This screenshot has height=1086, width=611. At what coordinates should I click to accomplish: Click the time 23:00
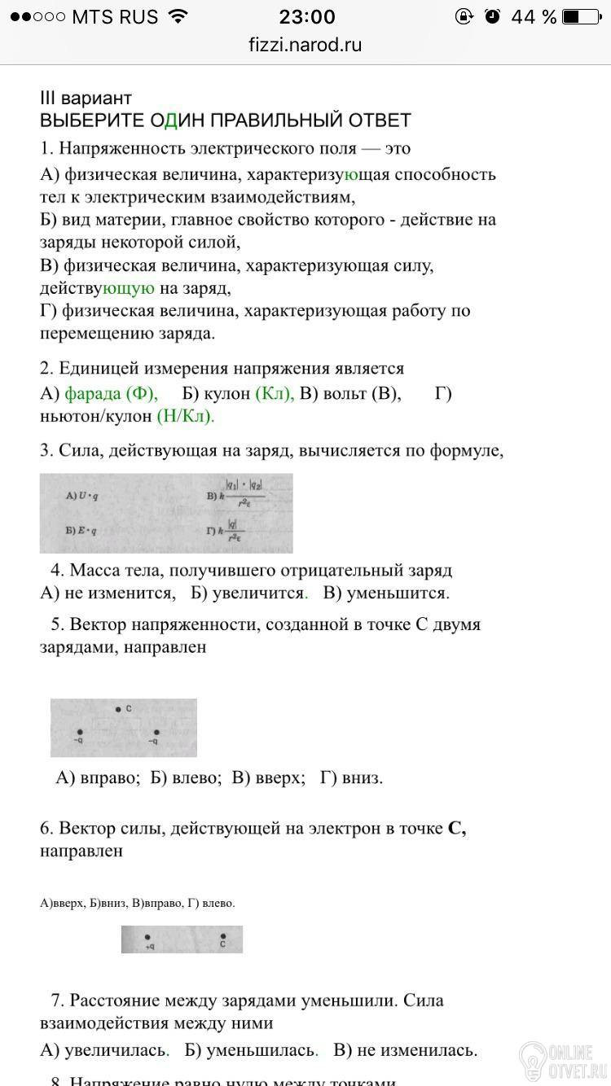point(306,16)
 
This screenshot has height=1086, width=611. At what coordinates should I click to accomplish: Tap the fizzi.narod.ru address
point(305,46)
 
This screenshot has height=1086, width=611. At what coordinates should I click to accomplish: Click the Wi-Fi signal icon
point(176,16)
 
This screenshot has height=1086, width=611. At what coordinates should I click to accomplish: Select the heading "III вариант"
point(86,99)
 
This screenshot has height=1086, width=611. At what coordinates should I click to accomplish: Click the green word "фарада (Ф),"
point(112,394)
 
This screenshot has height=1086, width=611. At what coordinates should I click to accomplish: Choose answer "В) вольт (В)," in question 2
point(350,394)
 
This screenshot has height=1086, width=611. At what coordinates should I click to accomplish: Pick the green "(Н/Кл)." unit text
point(186,416)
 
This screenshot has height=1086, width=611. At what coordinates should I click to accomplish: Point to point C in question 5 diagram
point(119,709)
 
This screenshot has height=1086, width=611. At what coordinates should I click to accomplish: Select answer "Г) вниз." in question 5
point(351,777)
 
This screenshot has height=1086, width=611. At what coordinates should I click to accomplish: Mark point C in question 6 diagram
point(222,937)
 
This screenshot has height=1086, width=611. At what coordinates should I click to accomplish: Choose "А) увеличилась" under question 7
point(104,1050)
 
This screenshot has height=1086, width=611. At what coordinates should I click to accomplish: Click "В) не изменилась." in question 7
point(406,1050)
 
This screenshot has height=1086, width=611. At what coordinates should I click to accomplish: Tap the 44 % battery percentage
point(534,16)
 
